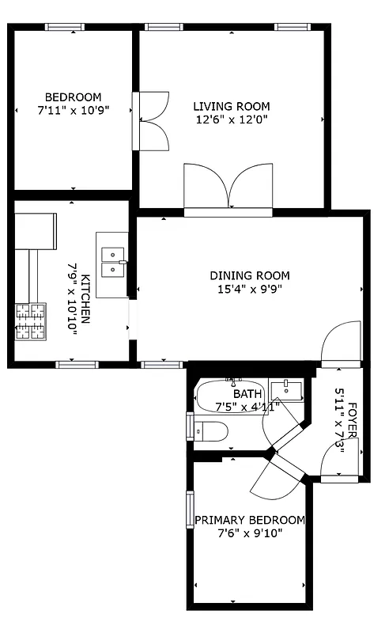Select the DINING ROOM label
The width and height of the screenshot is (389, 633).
pyautogui.click(x=249, y=276)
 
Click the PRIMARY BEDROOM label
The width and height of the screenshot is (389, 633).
pyautogui.click(x=249, y=520)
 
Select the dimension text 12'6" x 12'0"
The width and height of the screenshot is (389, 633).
pyautogui.click(x=232, y=120)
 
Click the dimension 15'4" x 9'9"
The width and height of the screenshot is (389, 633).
pyautogui.click(x=249, y=290)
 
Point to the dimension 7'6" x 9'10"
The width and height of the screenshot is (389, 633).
pyautogui.click(x=249, y=533)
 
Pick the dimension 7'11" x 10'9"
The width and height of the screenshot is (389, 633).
pyautogui.click(x=72, y=110)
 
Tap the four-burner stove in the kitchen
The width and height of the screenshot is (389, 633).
pyautogui.click(x=31, y=321)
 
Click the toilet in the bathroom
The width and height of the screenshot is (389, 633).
pyautogui.click(x=210, y=431)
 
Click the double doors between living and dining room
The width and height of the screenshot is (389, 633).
pyautogui.click(x=228, y=190)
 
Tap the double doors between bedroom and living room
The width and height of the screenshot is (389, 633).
pyautogui.click(x=153, y=120)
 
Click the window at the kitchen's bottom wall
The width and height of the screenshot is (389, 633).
pyautogui.click(x=76, y=365)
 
